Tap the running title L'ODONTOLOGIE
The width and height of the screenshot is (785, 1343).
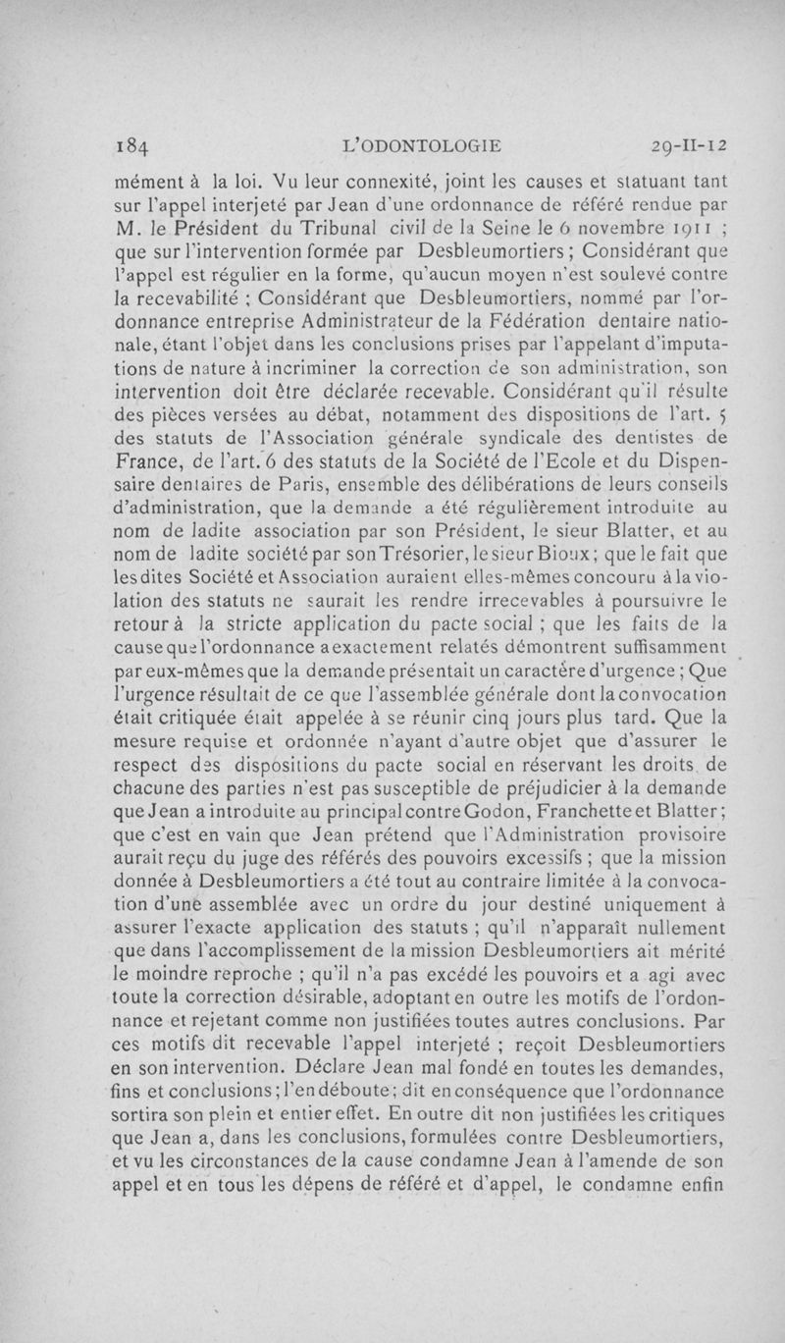[419, 146]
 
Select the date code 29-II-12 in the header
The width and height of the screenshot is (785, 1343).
[689, 146]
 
